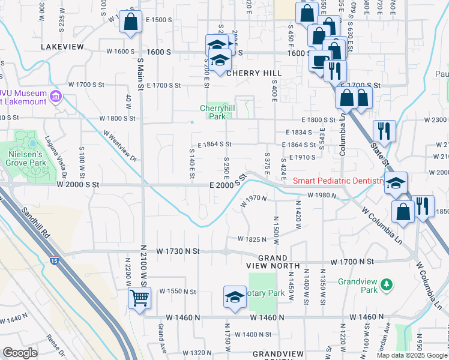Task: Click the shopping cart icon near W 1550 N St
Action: tap(139, 297)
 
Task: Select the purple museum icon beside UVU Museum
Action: tap(56, 96)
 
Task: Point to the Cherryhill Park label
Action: tap(213, 112)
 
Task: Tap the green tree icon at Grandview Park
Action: tap(388, 283)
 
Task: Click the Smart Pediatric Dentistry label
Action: tap(339, 181)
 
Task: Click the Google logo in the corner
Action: tap(20, 353)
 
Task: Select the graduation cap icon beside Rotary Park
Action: tap(235, 296)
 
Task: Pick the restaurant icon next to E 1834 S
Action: tap(383, 130)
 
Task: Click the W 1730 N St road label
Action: tap(178, 250)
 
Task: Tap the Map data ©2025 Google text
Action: tap(411, 355)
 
